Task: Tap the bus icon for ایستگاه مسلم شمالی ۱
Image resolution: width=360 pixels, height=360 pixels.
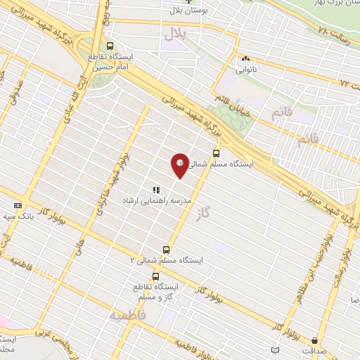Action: tap(215, 153)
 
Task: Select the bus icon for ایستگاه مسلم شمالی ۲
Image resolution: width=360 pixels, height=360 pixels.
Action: tap(167, 249)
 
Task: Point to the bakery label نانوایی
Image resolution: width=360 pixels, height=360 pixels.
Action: tap(245, 70)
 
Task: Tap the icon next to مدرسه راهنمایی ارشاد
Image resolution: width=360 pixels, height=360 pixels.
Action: tap(156, 190)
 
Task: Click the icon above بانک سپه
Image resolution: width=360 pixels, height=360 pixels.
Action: tap(18, 205)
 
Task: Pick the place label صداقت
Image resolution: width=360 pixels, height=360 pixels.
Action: tap(304, 349)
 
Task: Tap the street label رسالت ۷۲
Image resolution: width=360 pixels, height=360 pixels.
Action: tap(346, 81)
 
